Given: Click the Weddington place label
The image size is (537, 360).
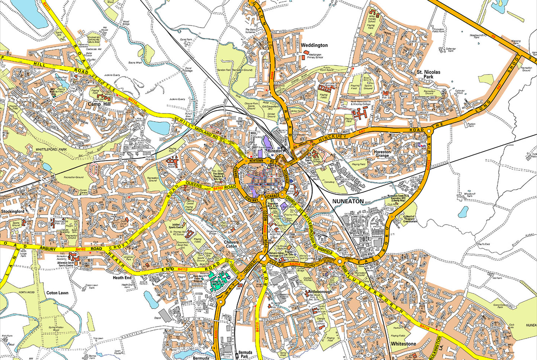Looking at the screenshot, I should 314,45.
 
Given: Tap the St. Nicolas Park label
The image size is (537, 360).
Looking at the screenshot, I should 428,74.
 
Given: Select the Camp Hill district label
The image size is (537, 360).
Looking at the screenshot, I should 98,105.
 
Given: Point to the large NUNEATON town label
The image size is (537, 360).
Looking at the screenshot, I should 348,201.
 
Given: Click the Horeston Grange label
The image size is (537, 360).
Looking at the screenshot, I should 382,154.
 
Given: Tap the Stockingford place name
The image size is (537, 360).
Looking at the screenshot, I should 12,211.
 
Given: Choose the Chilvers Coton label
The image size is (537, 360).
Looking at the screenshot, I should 231,244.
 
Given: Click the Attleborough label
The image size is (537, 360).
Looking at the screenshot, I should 320,292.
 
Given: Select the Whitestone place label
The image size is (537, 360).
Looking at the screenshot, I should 403,344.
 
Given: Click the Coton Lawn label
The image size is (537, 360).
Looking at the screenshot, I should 57,293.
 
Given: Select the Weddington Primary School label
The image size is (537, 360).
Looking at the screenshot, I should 315,56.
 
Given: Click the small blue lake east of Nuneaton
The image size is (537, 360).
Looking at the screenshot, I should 463,212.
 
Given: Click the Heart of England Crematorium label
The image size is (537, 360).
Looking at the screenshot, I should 410,219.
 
